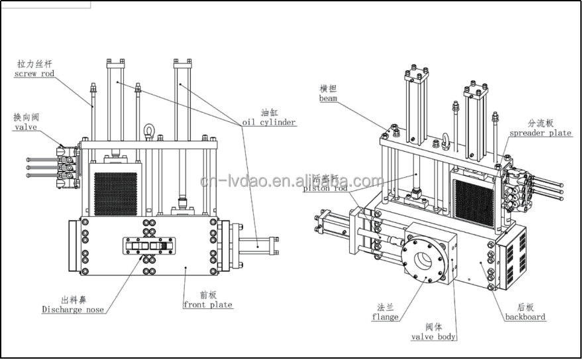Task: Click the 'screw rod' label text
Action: click(34, 74)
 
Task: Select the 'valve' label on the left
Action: click(26, 127)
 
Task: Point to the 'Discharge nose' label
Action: click(72, 310)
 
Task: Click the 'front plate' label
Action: click(207, 305)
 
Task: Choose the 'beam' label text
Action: click(328, 98)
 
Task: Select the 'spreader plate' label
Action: click(540, 133)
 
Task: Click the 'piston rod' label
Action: click(325, 188)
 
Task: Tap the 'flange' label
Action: click(385, 317)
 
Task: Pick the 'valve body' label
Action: click(433, 337)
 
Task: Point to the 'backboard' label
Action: click(525, 317)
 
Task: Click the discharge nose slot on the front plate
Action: click(147, 245)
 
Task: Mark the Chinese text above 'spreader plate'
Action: click(540, 123)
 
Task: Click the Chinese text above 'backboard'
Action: click(525, 308)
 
